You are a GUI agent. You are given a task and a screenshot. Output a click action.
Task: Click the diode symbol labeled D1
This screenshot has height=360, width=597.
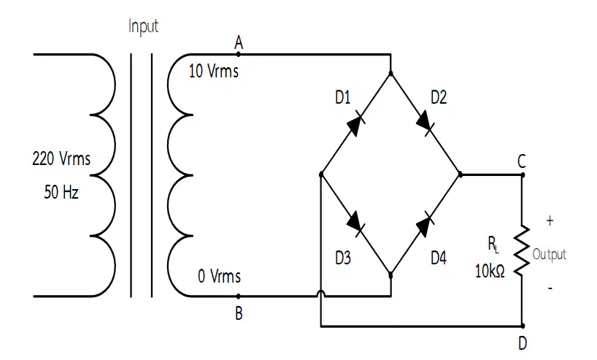tap(356, 123)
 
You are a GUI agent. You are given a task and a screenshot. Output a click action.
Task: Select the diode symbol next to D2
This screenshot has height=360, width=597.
tap(425, 121)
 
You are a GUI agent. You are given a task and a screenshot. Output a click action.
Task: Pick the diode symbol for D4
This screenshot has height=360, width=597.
tap(425, 225)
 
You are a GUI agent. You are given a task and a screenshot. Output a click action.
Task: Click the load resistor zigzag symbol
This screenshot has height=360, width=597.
tap(522, 250)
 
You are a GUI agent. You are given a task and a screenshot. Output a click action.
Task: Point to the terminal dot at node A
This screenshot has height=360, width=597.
tap(239, 55)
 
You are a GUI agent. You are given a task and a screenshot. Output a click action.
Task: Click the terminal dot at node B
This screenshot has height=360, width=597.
tap(239, 296)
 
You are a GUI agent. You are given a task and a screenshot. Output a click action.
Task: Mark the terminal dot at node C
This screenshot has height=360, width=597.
tap(523, 175)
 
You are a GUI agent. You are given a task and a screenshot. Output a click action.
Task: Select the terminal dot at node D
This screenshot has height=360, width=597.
tap(523, 326)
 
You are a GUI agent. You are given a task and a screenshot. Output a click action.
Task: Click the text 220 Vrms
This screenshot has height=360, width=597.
tap(61, 159)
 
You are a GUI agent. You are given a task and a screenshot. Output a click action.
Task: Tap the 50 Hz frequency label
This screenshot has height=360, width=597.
tap(61, 191)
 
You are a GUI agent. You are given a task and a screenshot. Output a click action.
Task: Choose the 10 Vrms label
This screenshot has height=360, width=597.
tap(214, 72)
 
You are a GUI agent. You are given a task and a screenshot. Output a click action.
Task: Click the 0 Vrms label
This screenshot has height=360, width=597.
tap(219, 276)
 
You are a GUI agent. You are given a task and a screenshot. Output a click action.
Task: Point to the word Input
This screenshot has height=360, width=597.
tap(143, 26)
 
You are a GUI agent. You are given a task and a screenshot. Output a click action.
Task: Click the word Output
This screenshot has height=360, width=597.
tap(549, 254)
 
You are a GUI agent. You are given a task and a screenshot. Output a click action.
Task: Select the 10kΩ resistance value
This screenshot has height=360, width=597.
tap(490, 271)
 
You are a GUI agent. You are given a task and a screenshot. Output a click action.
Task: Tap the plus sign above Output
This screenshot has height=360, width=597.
tap(550, 221)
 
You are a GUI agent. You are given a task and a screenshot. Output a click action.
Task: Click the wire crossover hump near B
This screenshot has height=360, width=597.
tap(321, 293)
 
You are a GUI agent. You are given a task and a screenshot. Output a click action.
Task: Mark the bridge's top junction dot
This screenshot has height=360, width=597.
tap(390, 72)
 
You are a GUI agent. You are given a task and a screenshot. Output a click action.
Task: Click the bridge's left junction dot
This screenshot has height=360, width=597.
tap(321, 175)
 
